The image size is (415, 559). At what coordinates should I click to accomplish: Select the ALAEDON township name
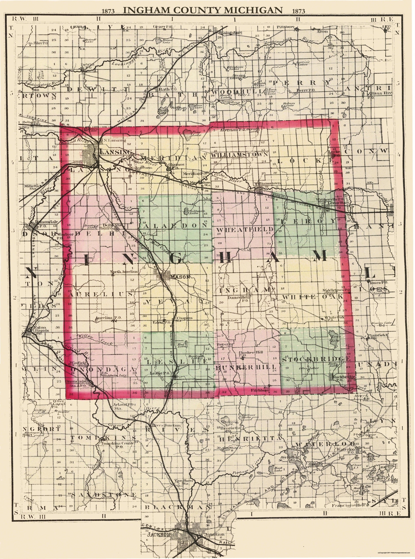point(176,226)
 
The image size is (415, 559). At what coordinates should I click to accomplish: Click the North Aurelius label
point(124,272)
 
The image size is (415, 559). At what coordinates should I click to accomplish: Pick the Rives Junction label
point(166,425)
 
